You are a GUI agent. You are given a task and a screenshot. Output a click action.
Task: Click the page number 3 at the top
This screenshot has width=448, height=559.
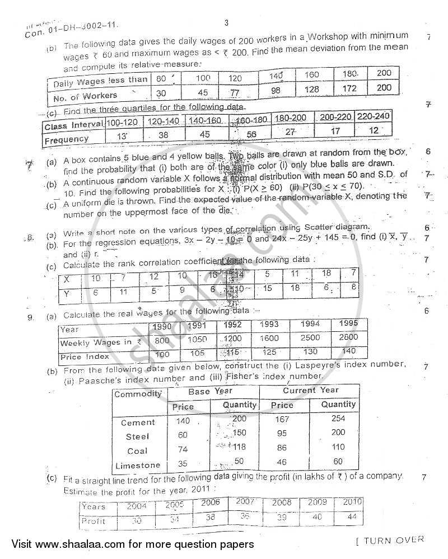click(x=226, y=23)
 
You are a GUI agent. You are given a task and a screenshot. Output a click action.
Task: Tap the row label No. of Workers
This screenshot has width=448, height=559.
click(x=86, y=96)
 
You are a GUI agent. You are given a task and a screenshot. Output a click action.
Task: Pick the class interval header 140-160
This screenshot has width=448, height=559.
click(x=204, y=121)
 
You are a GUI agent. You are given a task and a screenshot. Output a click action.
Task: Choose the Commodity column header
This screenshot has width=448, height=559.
click(x=138, y=393)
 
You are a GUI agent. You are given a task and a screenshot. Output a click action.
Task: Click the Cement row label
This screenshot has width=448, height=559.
click(x=138, y=422)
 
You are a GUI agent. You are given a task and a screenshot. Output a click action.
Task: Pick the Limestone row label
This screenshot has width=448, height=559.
click(x=138, y=465)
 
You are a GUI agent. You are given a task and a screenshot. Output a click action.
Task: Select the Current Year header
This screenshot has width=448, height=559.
click(x=311, y=390)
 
